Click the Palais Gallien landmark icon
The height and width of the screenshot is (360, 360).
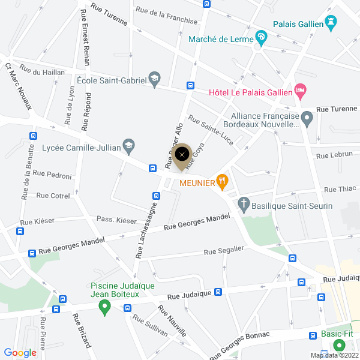(x=331, y=23)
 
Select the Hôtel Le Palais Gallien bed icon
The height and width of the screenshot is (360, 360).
(x=301, y=92)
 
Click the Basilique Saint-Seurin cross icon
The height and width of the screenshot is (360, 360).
(x=244, y=205)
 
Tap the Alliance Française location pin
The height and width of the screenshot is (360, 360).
(x=307, y=120)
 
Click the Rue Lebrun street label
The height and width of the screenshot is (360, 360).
(x=334, y=154)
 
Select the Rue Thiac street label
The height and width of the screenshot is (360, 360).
(x=340, y=189)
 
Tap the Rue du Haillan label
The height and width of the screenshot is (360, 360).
(x=42, y=72)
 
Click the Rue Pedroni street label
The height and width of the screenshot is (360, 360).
(x=52, y=175)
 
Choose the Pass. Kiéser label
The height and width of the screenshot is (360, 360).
(x=116, y=220)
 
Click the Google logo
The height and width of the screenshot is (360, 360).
(x=20, y=353)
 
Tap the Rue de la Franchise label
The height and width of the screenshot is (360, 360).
(x=166, y=15)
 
